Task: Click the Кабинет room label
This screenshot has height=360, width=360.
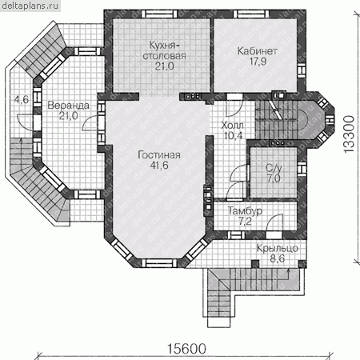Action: click(x=257, y=51)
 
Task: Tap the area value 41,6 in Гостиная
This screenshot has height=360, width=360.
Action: click(x=159, y=166)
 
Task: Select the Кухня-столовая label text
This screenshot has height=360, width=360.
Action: click(x=164, y=50)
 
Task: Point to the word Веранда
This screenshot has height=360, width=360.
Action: click(x=68, y=106)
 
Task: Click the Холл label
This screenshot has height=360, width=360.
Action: click(x=232, y=125)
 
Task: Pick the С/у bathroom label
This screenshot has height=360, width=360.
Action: click(x=274, y=168)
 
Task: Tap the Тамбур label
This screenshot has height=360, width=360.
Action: click(x=245, y=211)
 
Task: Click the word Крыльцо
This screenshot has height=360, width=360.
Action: click(x=278, y=248)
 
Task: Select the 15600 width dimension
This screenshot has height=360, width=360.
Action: click(x=186, y=349)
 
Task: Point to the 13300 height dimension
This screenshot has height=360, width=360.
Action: click(x=349, y=134)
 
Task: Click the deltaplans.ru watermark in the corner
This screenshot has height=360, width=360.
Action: click(x=30, y=6)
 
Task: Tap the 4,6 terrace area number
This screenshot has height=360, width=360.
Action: click(x=22, y=100)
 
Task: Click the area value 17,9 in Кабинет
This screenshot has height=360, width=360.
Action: click(x=258, y=62)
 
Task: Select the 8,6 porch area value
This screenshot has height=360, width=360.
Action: click(x=278, y=258)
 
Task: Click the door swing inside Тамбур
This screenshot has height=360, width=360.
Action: click(x=274, y=222)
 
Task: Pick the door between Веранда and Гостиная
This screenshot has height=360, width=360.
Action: click(x=90, y=123)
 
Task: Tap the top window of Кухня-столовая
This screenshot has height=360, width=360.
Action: click(x=159, y=14)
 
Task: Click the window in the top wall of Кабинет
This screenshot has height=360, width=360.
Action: click(x=251, y=14)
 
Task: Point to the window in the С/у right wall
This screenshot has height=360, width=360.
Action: click(x=302, y=168)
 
